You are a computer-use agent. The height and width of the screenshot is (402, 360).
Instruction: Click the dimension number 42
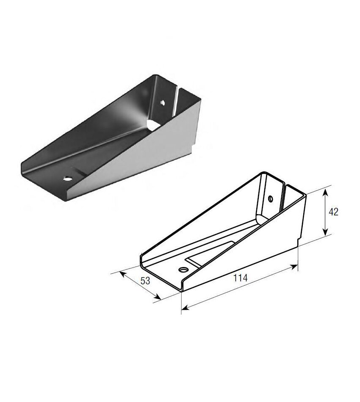click(x=333, y=212)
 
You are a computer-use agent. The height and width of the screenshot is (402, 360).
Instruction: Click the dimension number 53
click(x=145, y=281)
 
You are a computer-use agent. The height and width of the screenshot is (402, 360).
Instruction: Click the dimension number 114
click(x=241, y=278)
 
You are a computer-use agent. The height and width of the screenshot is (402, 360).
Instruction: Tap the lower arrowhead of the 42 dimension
click(x=325, y=231)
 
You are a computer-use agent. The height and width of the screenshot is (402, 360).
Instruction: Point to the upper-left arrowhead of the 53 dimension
click(x=123, y=274)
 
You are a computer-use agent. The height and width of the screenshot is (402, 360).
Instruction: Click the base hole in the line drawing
click(x=183, y=270)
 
